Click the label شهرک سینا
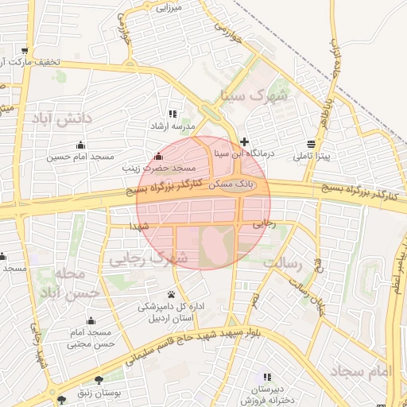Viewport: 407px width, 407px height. pos(259,95)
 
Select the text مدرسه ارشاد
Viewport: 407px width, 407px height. pos(169,126)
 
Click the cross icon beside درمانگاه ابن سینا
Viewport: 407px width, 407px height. pos(244,141)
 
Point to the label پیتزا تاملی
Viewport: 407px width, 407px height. pos(309,157)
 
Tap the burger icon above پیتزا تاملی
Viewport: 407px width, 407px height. pos(309,144)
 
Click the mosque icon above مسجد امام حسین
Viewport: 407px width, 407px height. pos(79,145)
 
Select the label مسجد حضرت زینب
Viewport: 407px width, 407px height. pos(158,169)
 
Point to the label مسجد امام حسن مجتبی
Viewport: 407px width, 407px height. pos(90,338)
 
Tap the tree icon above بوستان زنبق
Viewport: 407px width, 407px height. pos(99,381)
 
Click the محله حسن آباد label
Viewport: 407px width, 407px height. pos(78,283)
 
